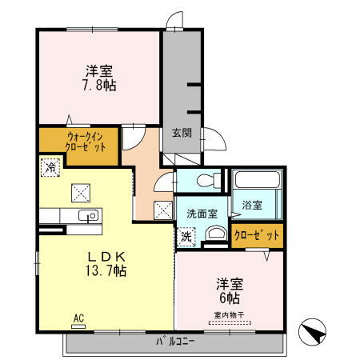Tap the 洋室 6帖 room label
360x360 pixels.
pos(229,290)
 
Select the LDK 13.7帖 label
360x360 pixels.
pos(107,263)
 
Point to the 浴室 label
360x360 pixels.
pos(252,206)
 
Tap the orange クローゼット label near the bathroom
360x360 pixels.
pos(257,235)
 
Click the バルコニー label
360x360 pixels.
pos(176,342)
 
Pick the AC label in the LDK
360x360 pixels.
pos(79,318)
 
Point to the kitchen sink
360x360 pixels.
pos(89,215)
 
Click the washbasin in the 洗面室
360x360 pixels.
pos(214,234)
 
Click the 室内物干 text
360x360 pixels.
pos(229,314)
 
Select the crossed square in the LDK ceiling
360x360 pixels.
pos(80,192)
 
